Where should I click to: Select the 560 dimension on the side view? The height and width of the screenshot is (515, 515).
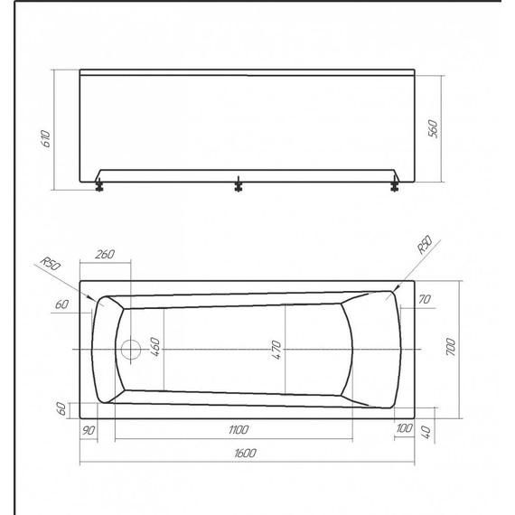[x=433, y=129]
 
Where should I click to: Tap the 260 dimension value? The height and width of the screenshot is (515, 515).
[x=104, y=254]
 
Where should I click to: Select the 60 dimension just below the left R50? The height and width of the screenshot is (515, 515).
[x=61, y=305]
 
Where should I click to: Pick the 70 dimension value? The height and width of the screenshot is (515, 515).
[x=425, y=299]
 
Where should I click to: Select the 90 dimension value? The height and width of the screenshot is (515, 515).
[x=89, y=429]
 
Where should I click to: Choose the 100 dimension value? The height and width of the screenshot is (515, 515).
[x=404, y=429]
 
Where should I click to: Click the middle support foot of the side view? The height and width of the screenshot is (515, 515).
[x=239, y=185]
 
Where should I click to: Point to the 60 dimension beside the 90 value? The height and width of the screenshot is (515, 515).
[x=61, y=408]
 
